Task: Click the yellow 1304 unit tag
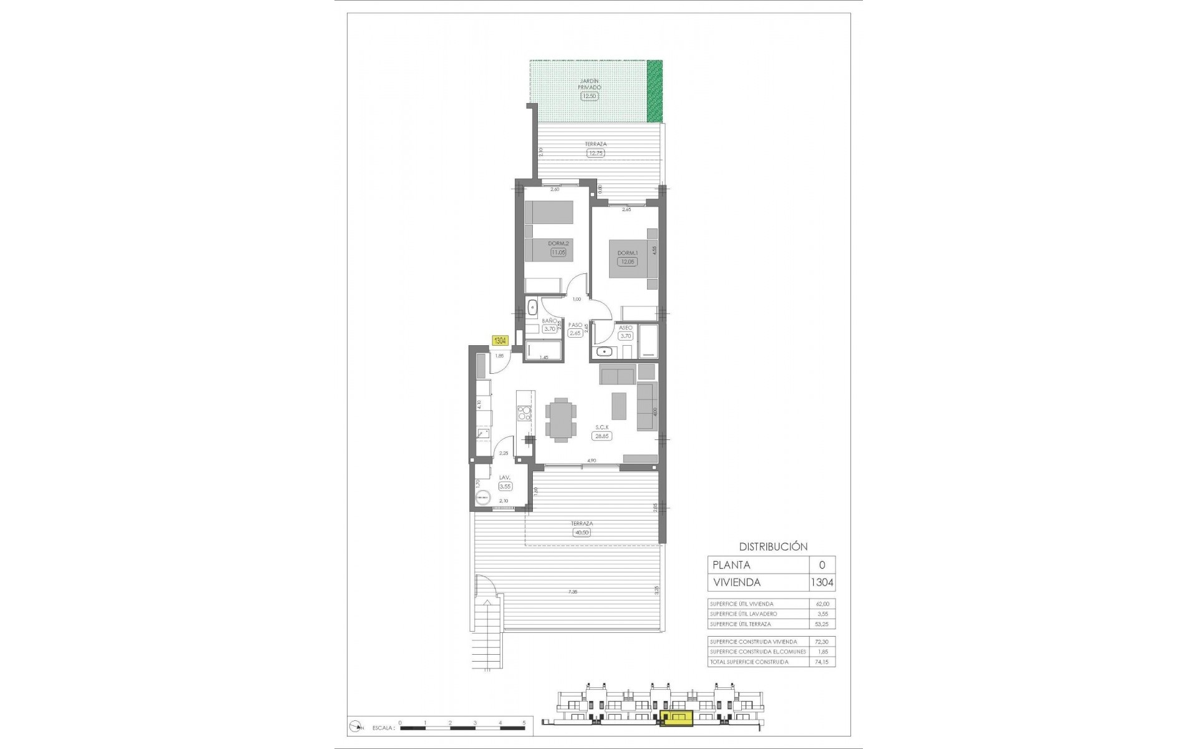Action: tap(500, 341)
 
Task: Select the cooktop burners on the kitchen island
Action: tap(88, 413)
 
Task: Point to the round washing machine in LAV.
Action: tap(482, 498)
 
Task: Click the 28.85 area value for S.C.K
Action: tap(601, 436)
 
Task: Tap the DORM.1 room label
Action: tap(627, 253)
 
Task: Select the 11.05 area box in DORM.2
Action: tap(558, 253)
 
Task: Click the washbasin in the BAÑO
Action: tap(533, 307)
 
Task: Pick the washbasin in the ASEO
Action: tap(603, 352)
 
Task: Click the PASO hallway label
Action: tap(575, 325)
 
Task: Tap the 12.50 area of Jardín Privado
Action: tap(590, 96)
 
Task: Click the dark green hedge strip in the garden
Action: tap(654, 91)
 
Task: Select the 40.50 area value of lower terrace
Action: tap(581, 532)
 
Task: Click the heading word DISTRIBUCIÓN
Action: tap(773, 546)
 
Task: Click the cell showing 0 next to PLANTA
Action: tap(822, 565)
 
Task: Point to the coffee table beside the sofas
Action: tap(619, 406)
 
